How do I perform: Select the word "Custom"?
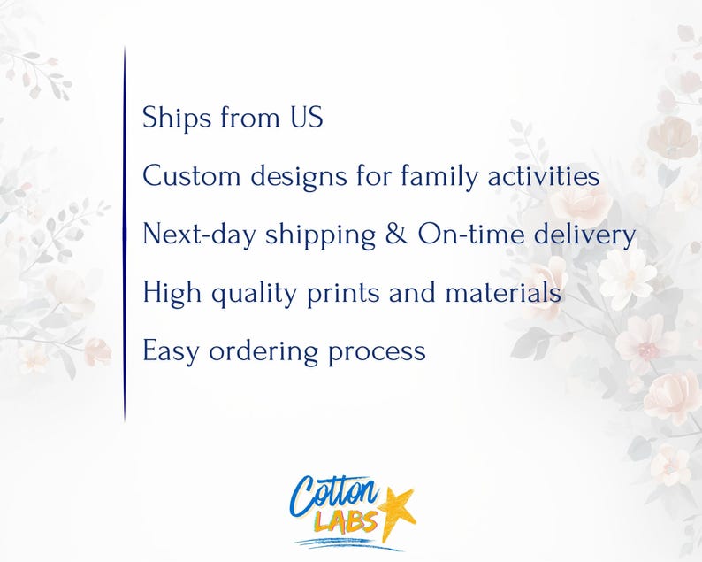[x=192, y=176]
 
